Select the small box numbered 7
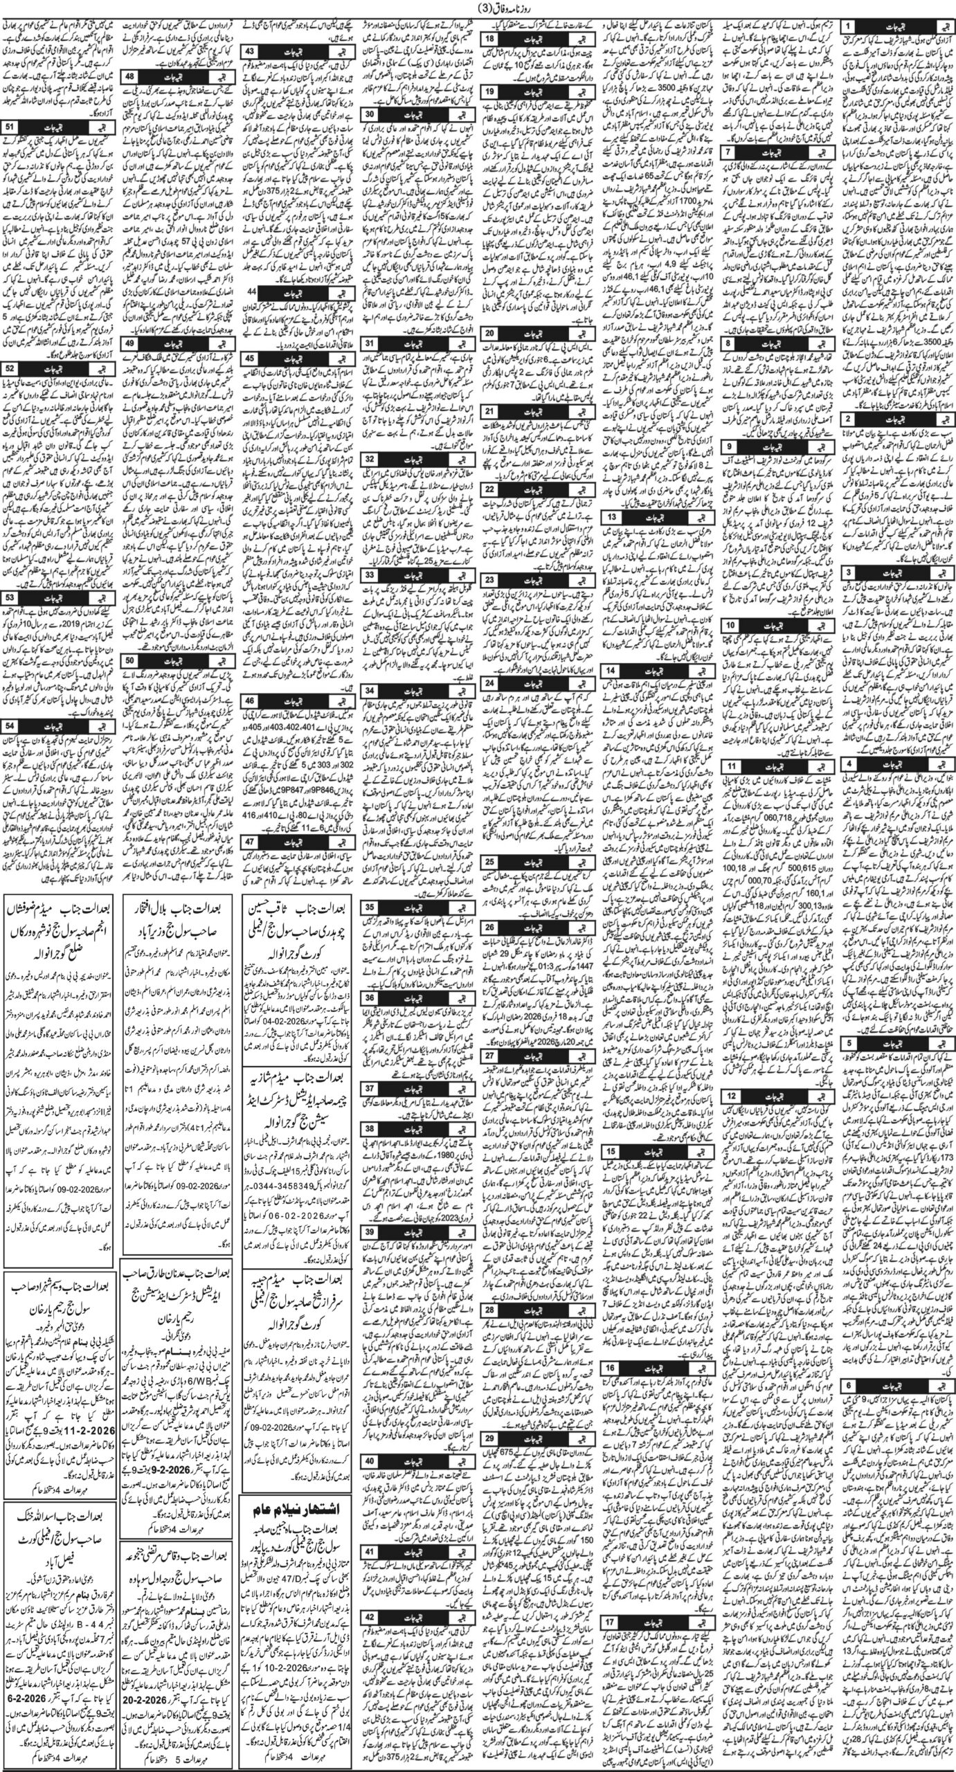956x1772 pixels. pos(728,150)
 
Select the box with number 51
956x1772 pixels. pos(12,127)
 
